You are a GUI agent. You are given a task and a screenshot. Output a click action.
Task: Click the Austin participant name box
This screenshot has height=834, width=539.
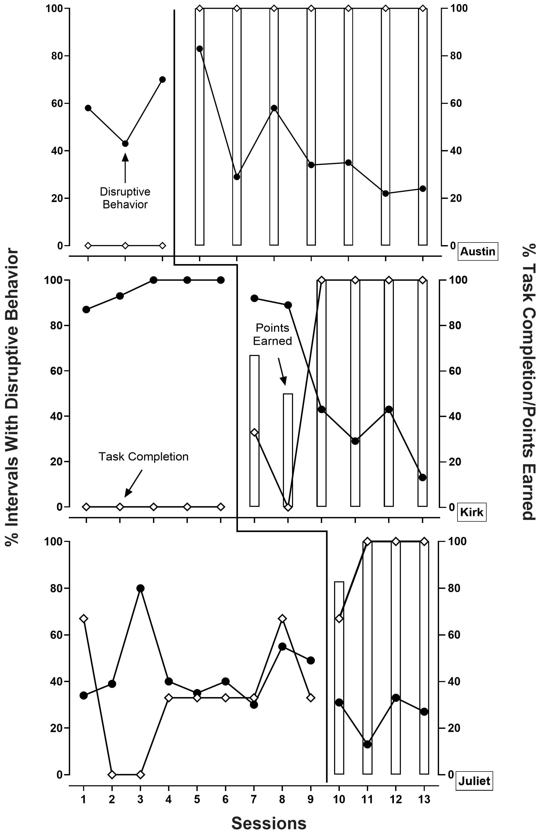click(477, 251)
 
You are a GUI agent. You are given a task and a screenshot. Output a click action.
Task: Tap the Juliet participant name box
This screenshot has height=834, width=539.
click(474, 781)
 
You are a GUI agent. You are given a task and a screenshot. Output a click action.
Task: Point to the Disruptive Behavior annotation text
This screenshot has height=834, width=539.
click(125, 198)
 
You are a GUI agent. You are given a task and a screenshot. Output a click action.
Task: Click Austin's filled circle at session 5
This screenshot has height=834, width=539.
click(200, 49)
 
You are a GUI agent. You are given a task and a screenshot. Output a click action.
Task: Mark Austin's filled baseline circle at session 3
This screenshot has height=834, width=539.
click(162, 79)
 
